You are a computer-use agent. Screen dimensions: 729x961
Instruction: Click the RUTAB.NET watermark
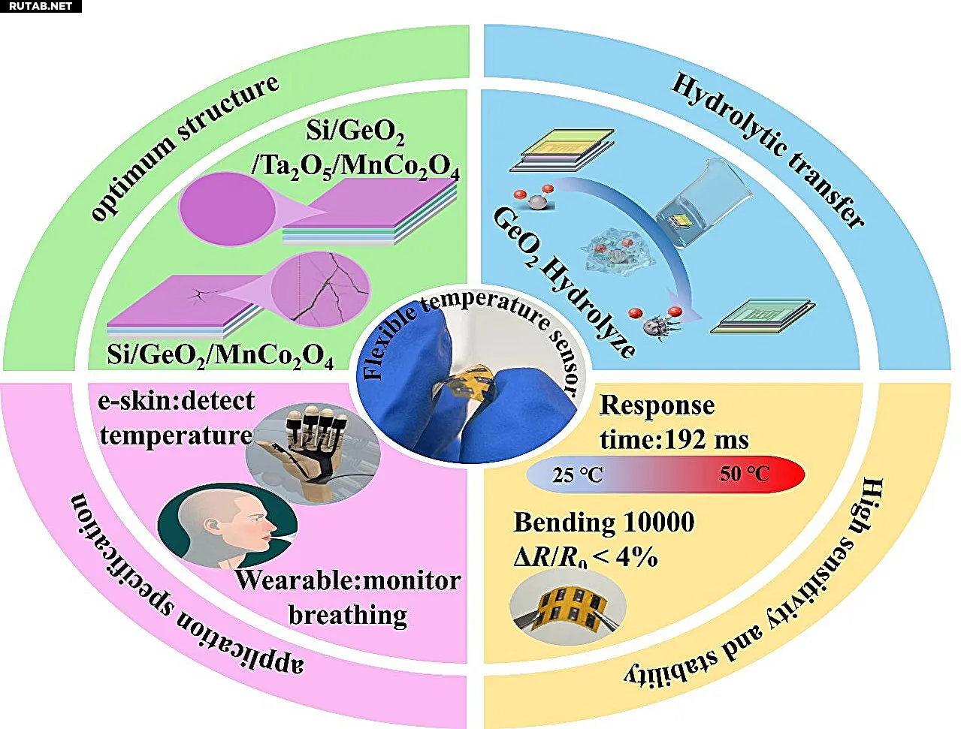tap(41, 6)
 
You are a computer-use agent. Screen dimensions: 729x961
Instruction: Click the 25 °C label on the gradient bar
tap(577, 475)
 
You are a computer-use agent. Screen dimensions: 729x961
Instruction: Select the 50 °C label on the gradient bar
tap(745, 474)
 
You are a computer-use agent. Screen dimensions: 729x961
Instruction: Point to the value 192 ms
tap(706, 438)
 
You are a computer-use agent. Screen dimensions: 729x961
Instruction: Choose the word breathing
tap(348, 615)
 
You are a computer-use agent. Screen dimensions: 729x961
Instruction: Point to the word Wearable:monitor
tap(348, 580)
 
